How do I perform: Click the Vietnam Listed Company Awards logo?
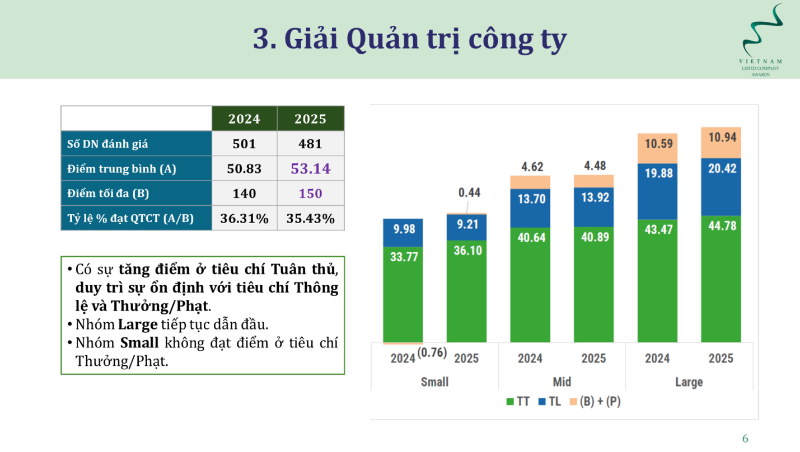click(761, 39)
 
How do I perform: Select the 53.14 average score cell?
click(311, 168)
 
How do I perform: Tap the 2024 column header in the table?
click(244, 119)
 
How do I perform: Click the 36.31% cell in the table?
click(244, 218)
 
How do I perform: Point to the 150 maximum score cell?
click(311, 193)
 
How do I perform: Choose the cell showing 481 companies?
click(311, 143)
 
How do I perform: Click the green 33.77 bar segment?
click(403, 295)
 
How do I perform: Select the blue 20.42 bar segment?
click(721, 187)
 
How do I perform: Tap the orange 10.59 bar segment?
click(657, 149)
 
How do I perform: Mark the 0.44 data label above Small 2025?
click(469, 192)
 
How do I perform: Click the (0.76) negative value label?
click(432, 352)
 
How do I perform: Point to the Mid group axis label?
click(562, 382)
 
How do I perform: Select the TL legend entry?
click(550, 402)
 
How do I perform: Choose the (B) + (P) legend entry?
click(595, 402)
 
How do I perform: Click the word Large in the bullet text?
click(138, 324)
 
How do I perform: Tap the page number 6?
click(745, 439)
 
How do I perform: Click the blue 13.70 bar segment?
click(530, 208)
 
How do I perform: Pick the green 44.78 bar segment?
click(721, 279)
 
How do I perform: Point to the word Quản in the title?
click(382, 39)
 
